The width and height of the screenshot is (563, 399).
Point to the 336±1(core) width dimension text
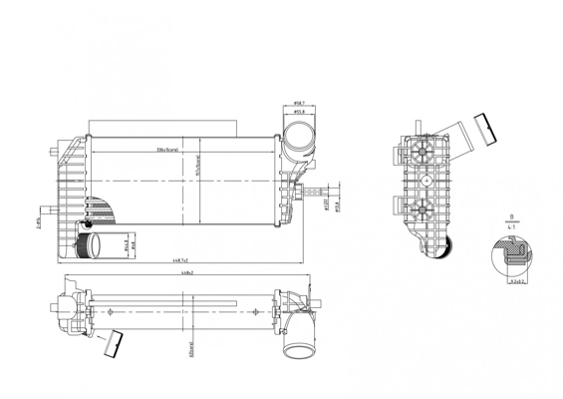pos(166,151)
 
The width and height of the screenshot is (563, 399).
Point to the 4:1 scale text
pos(510,227)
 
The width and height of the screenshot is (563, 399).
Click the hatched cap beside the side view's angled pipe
pos(488,125)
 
